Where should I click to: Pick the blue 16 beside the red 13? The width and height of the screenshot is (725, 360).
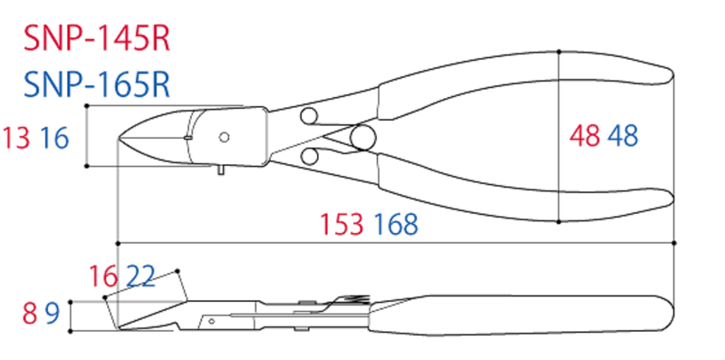pos(55,139)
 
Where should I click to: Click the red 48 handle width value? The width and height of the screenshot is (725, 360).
pos(585,137)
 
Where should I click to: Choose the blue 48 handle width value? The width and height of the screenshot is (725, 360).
pos(623,137)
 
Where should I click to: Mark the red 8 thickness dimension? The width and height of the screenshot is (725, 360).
pos(29,315)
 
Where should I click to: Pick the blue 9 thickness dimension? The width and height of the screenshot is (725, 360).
pos(52,315)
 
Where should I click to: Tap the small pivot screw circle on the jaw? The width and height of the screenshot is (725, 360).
pos(224,137)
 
